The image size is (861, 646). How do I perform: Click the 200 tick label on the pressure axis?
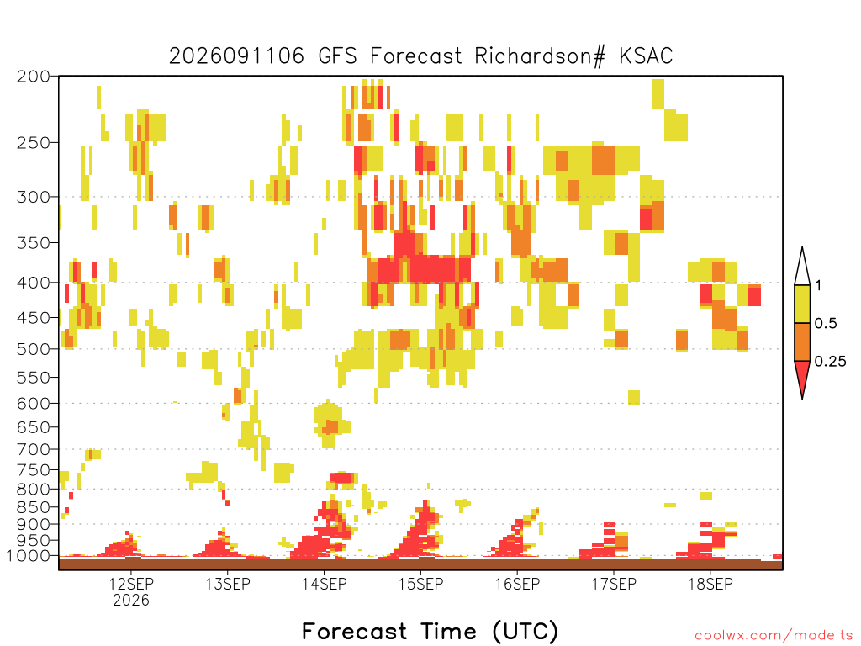tap(33, 77)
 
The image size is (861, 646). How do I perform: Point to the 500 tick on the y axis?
tap(33, 349)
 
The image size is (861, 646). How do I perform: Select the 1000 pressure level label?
tap(28, 555)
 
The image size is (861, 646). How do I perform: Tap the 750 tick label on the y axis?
tap(33, 470)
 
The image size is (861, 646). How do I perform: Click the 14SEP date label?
tap(324, 584)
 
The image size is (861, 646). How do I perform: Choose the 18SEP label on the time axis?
tap(710, 584)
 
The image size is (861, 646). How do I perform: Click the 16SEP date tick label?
tap(517, 584)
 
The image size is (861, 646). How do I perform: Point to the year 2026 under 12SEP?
tap(130, 600)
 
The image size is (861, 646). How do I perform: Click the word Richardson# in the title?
tap(540, 56)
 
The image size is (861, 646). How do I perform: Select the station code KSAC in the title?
tap(646, 56)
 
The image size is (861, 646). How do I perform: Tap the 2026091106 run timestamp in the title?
tap(236, 56)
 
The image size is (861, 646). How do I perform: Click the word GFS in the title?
tap(337, 56)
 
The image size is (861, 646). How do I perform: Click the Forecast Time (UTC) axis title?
tap(430, 632)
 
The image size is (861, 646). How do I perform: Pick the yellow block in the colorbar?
tap(802, 304)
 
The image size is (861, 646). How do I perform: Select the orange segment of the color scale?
tap(802, 342)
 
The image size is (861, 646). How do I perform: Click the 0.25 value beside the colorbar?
tap(830, 361)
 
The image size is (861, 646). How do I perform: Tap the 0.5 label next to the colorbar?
tap(826, 323)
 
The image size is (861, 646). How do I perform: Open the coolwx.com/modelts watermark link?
tap(774, 636)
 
